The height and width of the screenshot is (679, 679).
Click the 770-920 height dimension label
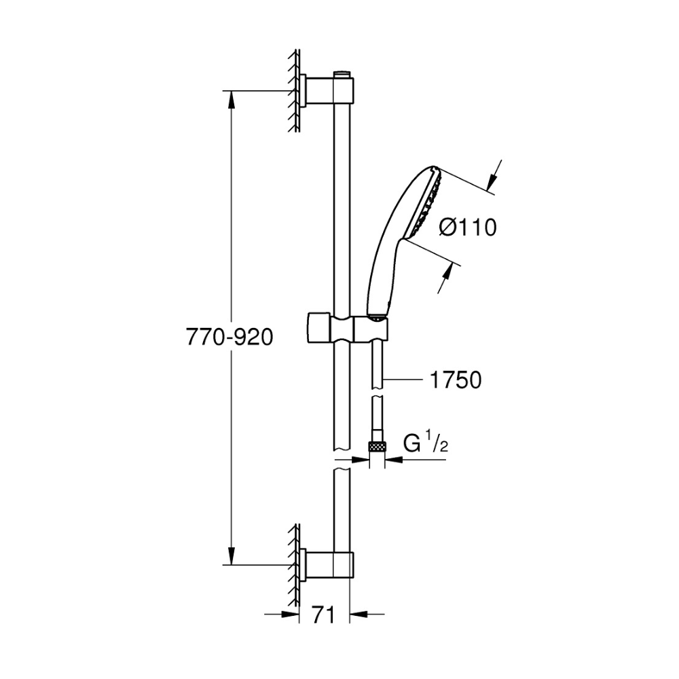[x=230, y=337]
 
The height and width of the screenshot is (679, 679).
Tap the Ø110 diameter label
[x=468, y=227]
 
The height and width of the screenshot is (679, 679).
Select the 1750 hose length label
[x=456, y=380]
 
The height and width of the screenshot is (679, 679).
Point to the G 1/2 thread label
[x=425, y=443]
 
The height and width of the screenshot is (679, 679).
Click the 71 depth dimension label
[x=324, y=614]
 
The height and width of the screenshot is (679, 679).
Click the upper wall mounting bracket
[x=327, y=91]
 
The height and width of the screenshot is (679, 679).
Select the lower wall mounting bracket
[x=327, y=565]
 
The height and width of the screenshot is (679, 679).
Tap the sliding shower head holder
[x=348, y=328]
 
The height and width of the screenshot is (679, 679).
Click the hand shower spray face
[x=427, y=201]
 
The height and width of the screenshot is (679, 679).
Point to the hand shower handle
[x=381, y=277]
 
